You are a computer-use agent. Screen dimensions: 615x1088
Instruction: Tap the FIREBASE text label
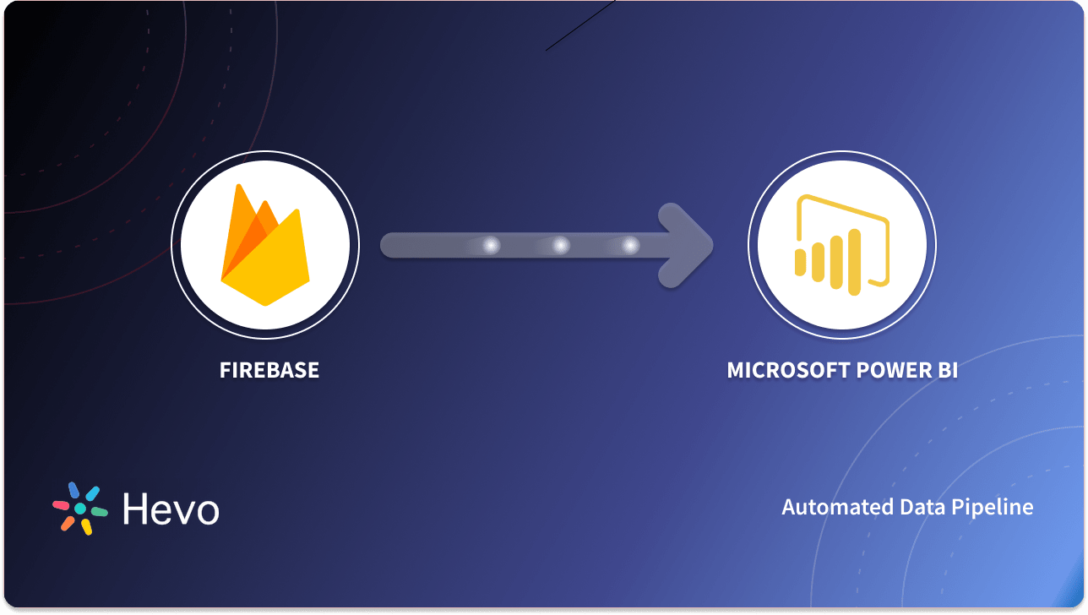269,370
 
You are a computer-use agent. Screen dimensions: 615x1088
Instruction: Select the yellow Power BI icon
841,246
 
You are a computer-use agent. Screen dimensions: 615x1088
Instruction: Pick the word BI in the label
947,370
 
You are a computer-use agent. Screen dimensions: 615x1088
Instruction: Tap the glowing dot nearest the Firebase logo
491,246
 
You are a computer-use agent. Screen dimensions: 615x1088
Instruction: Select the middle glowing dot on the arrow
560,246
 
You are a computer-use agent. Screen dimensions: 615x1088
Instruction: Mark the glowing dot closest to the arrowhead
630,246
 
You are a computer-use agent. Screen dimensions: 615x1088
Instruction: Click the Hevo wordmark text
171,509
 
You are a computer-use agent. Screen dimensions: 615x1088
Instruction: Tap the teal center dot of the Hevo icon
80,509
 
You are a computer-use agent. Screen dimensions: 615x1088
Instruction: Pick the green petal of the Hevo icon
99,512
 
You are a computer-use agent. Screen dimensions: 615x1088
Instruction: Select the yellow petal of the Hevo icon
86,527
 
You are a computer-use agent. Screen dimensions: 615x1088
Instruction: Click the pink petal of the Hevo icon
61,505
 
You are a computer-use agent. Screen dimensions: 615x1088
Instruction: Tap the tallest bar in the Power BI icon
854,262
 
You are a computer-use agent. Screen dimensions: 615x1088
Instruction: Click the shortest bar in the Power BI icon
800,262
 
